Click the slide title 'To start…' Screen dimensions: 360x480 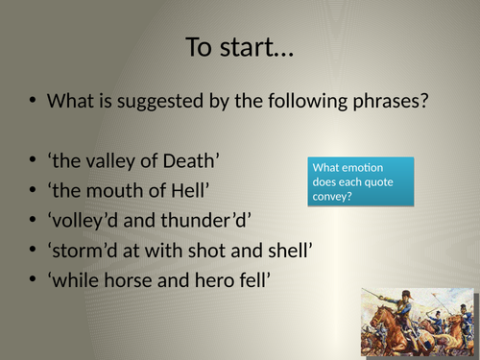(x=240, y=45)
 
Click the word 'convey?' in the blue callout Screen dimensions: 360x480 (x=331, y=198)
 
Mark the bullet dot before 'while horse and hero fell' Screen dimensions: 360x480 (x=33, y=284)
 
